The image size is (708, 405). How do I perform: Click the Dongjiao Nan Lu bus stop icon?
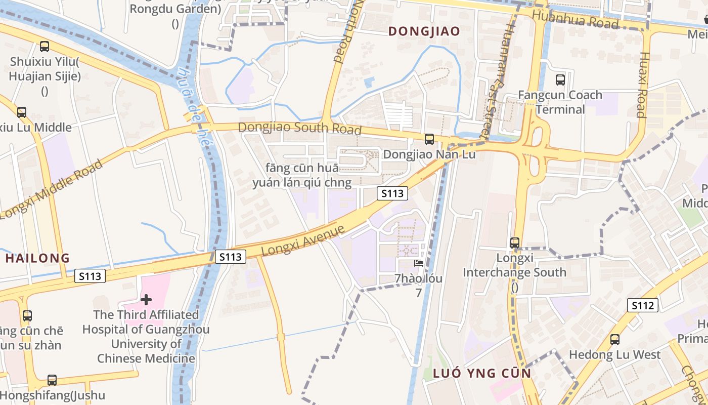tap(429, 139)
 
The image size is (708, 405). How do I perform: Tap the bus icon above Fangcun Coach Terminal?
tap(560, 79)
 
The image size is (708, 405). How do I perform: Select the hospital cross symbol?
tap(146, 300)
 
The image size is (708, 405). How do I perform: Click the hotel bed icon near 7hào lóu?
tap(419, 263)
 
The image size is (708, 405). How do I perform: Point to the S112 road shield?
tap(643, 305)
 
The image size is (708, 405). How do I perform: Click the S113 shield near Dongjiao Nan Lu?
tap(392, 193)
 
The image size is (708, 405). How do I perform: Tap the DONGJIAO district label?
tap(424, 31)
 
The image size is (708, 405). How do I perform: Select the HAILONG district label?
tap(37, 258)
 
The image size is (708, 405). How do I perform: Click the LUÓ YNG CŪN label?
tap(482, 374)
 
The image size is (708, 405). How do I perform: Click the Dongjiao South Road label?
tap(299, 128)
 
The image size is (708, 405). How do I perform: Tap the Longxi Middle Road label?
tap(53, 188)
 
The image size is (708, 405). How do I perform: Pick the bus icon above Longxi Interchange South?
tap(515, 243)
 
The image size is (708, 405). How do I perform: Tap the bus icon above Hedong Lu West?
tap(615, 340)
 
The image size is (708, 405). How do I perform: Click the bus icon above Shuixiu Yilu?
tap(45, 47)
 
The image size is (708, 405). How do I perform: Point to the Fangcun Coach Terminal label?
tap(560, 102)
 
